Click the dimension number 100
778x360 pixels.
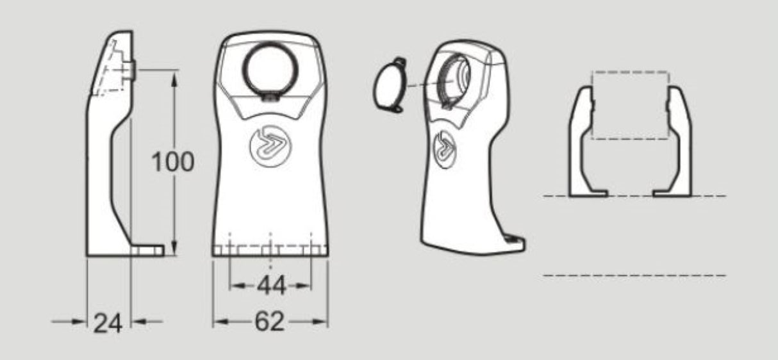pyautogui.click(x=172, y=162)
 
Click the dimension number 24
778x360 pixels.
pyautogui.click(x=108, y=323)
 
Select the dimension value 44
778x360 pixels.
pyautogui.click(x=272, y=285)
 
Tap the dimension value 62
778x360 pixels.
pyautogui.click(x=270, y=322)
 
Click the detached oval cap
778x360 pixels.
pyautogui.click(x=390, y=85)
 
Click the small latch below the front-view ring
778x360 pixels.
pyautogui.click(x=270, y=97)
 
